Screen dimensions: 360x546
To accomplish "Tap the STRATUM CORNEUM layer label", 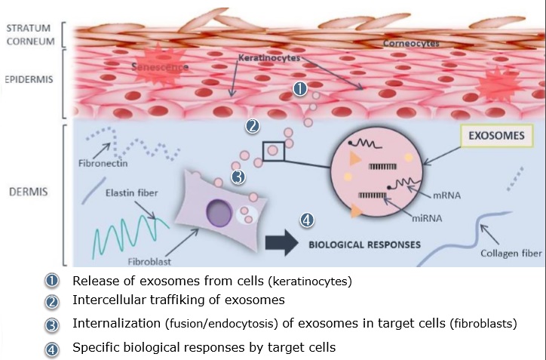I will pos(32,35).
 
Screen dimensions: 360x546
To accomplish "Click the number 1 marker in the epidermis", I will pos(299,89).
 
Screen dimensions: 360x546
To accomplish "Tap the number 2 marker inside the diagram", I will pos(253,126).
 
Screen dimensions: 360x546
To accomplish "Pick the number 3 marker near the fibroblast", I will pos(238,178).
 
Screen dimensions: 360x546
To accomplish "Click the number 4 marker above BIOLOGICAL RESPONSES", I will pos(306,220).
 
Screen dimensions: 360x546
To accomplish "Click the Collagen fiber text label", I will pos(511,254).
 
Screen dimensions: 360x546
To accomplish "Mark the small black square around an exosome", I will pos(273,151).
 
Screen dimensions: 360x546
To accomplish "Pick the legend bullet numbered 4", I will pos(52,349).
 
